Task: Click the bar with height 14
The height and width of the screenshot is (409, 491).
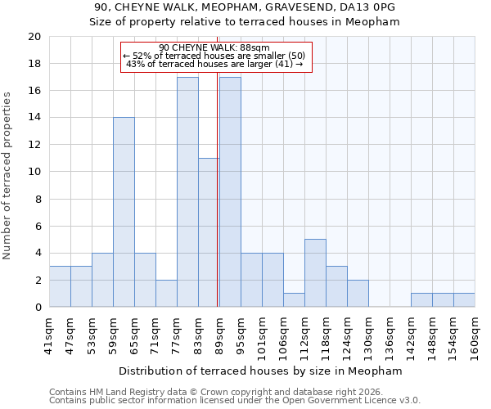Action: click(x=124, y=212)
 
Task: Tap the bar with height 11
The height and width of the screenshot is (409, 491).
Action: click(x=209, y=232)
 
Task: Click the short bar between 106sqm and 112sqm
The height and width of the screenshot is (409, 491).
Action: click(x=294, y=300)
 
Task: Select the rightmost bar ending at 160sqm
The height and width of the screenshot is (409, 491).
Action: click(x=464, y=300)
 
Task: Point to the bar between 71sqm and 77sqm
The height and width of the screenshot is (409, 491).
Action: click(x=166, y=293)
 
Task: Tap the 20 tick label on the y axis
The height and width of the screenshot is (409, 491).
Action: click(x=34, y=37)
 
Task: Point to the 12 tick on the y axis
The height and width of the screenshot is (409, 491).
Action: click(x=34, y=145)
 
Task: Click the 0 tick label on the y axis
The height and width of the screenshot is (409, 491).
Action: click(x=37, y=307)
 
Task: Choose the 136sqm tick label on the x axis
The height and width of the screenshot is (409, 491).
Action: click(x=390, y=336)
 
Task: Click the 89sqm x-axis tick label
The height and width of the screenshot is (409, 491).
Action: click(x=219, y=334)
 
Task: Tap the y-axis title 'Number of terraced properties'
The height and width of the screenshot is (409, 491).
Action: click(x=7, y=175)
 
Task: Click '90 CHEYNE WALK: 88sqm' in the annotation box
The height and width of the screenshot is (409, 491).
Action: click(x=214, y=48)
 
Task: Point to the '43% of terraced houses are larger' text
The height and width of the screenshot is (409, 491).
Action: click(x=214, y=65)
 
